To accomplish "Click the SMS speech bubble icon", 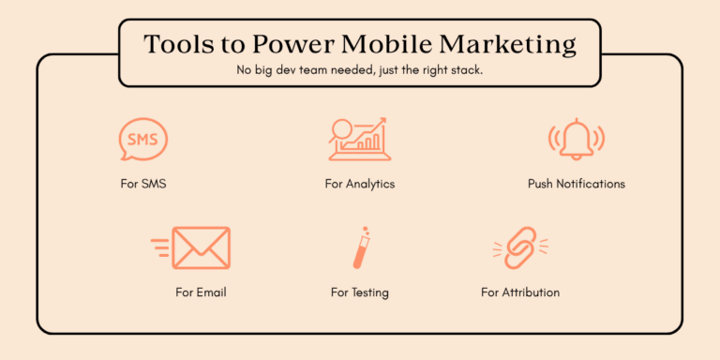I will pos(143,140).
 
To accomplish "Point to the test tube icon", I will pos(359,247).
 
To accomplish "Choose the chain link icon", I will pos(519,247).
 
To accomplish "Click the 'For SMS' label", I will pos(143,184).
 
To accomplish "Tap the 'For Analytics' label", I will pos(360,184).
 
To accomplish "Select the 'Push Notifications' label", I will pos(576,184).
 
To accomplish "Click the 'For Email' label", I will pos(201,292).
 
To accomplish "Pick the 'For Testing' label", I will pos(359,292).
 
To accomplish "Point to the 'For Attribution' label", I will pos(519,292).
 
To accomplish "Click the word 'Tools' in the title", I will pos(176,45).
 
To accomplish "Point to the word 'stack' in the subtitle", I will pos(464,71).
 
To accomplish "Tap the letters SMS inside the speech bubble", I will pos(143,139).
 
